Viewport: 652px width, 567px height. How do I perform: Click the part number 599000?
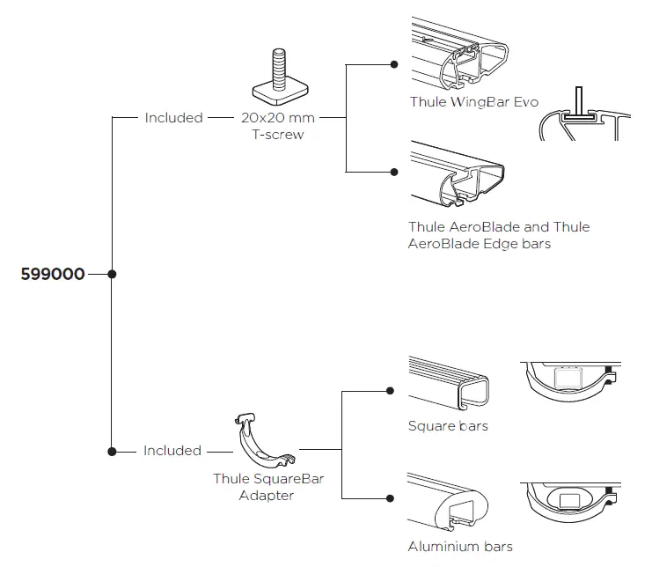(53, 274)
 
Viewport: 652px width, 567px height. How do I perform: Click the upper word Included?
(173, 117)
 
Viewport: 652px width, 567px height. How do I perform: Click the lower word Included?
(172, 450)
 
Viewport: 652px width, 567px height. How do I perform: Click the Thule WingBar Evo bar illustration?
(458, 58)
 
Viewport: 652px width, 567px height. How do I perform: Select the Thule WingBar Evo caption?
(473, 102)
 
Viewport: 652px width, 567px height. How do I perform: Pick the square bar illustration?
(449, 383)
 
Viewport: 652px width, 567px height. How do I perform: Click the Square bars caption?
(448, 426)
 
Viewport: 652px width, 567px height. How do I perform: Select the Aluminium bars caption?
(460, 546)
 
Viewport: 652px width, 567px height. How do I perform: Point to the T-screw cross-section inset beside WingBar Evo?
(582, 114)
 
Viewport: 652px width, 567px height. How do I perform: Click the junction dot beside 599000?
(112, 274)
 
